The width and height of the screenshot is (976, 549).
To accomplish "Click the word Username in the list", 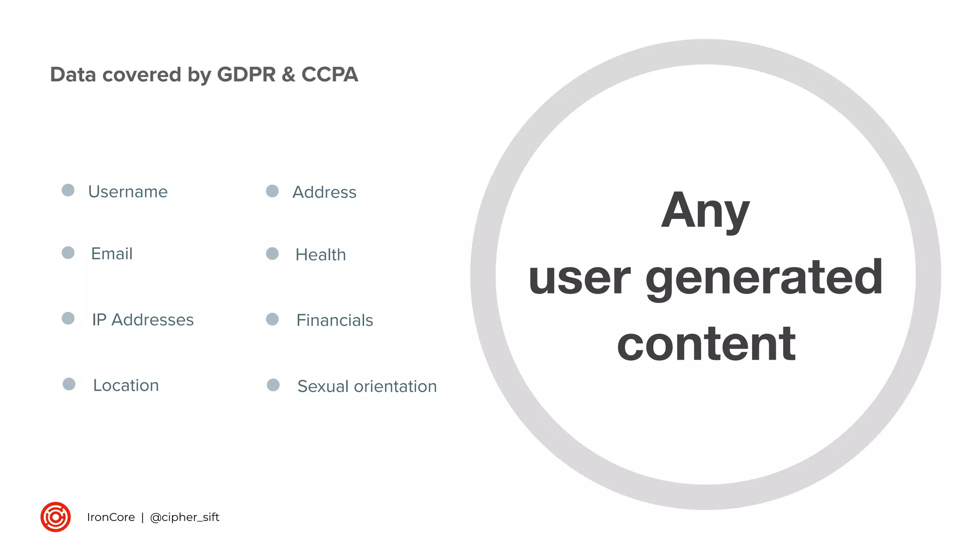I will (x=128, y=192).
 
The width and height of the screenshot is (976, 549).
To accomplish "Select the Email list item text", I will (x=112, y=254).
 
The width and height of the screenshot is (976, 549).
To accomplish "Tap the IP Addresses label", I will (x=142, y=319).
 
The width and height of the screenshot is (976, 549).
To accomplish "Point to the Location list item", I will (x=126, y=385).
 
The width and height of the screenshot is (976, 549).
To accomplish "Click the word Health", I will (x=320, y=254).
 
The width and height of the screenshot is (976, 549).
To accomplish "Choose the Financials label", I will (x=335, y=320).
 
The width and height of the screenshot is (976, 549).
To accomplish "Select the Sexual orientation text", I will (x=367, y=386).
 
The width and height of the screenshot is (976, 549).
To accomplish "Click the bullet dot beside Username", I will (x=68, y=190).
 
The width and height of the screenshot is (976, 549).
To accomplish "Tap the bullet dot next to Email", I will (x=68, y=253).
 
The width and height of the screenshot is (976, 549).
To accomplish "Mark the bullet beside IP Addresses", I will (x=68, y=318).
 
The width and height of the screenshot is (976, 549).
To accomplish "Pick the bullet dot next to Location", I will (x=69, y=384).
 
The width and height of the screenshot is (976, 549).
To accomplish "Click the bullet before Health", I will (x=272, y=254).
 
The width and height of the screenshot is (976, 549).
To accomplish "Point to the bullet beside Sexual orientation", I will (x=273, y=385).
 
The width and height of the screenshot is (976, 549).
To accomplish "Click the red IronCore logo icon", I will (x=56, y=517).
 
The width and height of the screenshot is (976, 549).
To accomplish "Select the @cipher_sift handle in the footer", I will (x=184, y=517).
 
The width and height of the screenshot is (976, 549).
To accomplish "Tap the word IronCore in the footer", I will (x=111, y=517).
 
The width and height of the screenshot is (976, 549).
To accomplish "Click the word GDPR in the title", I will (x=246, y=74).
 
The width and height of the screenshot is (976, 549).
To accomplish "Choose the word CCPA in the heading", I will (x=329, y=74).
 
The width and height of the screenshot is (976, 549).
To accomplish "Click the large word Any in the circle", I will (x=705, y=211).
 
